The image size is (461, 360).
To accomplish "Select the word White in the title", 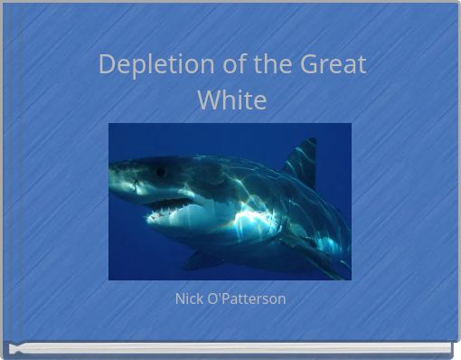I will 231,99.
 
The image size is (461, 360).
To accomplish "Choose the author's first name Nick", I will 188,298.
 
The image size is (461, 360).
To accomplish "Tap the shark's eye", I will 160,171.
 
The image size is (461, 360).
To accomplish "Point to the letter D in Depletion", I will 107,65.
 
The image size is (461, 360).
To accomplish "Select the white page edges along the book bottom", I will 230,348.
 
